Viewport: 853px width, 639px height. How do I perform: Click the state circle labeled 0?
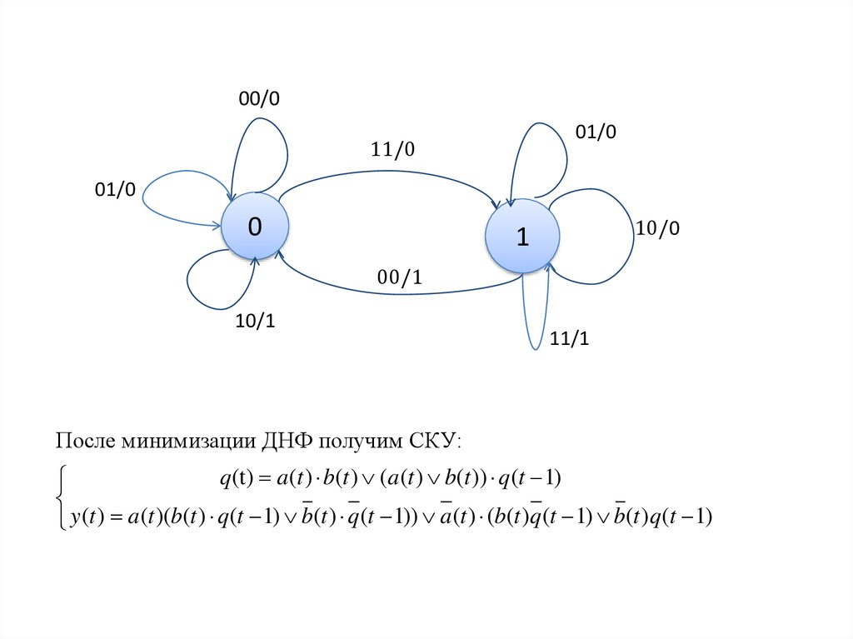pos(255,227)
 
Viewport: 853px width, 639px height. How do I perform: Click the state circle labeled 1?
pos(521,237)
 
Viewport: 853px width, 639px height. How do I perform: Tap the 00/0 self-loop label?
pos(259,99)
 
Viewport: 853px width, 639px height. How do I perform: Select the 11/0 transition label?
pos(392,150)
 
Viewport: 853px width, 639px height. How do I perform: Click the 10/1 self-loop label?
pos(256,322)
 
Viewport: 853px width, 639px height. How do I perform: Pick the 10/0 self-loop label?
pos(658,229)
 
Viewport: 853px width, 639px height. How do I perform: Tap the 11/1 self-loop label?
pos(569,339)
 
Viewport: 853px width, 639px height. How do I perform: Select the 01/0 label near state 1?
pos(596,132)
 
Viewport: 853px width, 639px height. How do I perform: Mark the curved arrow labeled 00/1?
pos(400,292)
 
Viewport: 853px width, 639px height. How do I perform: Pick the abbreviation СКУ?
pos(435,440)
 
